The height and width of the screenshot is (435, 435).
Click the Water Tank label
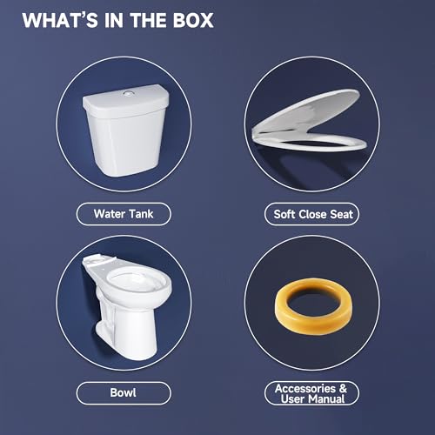coord(122,212)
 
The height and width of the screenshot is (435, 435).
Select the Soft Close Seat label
coord(311,212)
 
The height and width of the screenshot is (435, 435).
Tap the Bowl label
coord(122,393)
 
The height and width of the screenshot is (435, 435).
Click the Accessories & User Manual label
coord(311,392)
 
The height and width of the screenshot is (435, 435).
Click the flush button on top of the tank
coord(129,90)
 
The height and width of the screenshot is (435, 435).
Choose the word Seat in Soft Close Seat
coord(340,212)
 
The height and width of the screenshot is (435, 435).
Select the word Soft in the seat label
coord(286,212)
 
